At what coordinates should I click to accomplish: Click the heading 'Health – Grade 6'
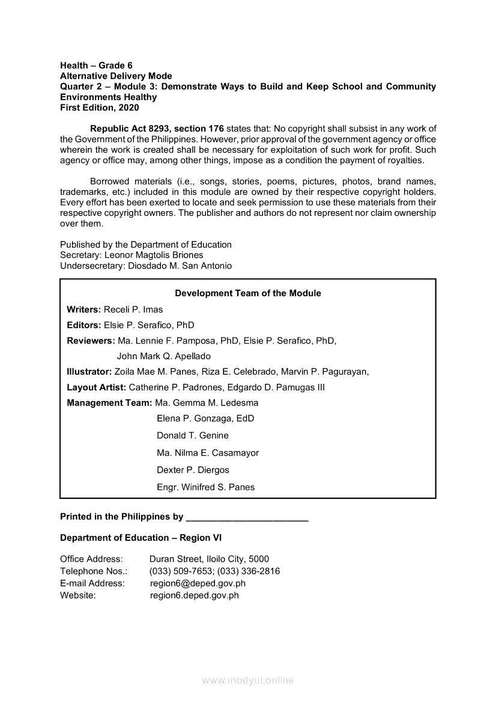pyautogui.click(x=96, y=65)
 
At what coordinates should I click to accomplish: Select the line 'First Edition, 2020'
pyautogui.click(x=99, y=108)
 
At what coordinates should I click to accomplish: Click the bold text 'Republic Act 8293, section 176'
pyautogui.click(x=157, y=129)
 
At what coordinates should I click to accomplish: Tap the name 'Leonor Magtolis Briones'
pyautogui.click(x=154, y=255)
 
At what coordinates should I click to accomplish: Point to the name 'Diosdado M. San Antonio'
pyautogui.click(x=180, y=266)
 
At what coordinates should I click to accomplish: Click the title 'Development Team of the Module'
pyautogui.click(x=247, y=293)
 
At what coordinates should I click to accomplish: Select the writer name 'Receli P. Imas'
pyautogui.click(x=133, y=309)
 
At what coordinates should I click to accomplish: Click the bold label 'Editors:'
pyautogui.click(x=84, y=325)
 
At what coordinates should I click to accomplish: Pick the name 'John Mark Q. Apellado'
pyautogui.click(x=163, y=356)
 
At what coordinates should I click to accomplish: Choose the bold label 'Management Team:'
pyautogui.click(x=109, y=403)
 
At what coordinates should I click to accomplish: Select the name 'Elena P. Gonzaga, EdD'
pyautogui.click(x=205, y=419)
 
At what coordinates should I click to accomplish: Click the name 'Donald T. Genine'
pyautogui.click(x=193, y=435)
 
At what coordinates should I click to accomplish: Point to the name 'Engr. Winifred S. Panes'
pyautogui.click(x=205, y=487)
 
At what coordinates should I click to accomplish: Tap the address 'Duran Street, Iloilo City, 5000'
pyautogui.click(x=209, y=559)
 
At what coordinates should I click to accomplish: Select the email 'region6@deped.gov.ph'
pyautogui.click(x=198, y=583)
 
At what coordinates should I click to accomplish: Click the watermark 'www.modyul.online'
pyautogui.click(x=248, y=681)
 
